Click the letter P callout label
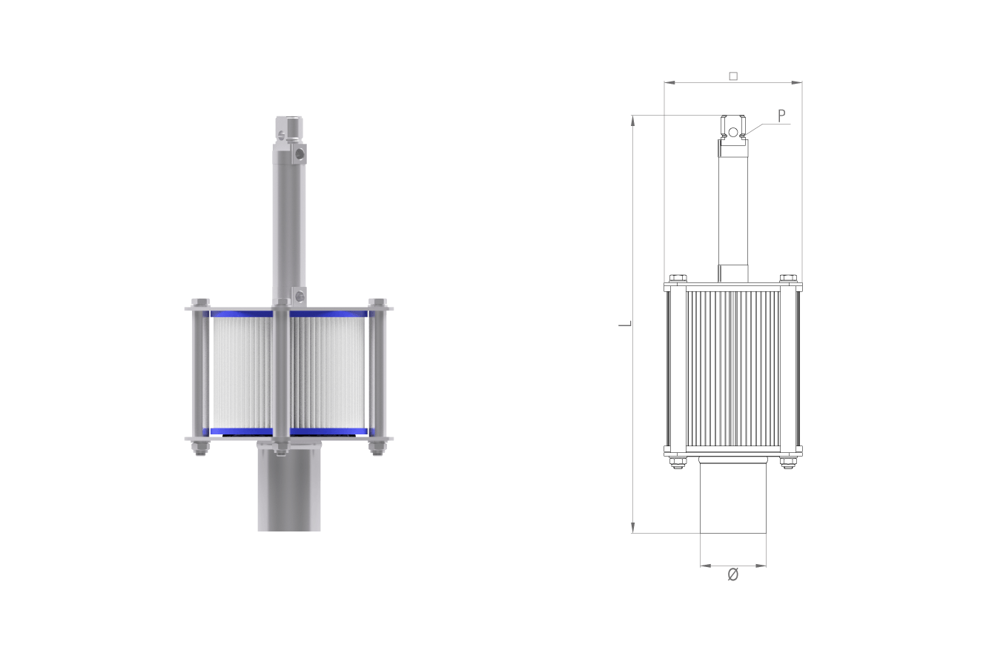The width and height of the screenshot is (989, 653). (x=781, y=116)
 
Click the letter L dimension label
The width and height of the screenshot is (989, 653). (x=626, y=324)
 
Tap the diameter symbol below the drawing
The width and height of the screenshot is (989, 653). (x=733, y=574)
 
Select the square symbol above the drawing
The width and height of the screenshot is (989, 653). (x=733, y=76)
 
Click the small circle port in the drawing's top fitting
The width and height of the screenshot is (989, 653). (x=733, y=132)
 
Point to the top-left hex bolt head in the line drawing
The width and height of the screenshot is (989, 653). (x=678, y=278)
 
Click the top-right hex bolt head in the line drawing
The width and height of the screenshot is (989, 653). (x=788, y=278)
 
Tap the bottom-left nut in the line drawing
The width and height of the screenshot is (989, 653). (x=678, y=463)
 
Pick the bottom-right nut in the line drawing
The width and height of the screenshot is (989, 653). (x=788, y=463)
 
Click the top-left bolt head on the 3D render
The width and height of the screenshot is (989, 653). (x=200, y=302)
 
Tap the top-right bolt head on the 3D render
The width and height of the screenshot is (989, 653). (x=377, y=302)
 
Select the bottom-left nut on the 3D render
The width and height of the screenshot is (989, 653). (x=200, y=448)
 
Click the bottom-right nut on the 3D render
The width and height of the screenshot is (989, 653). (x=377, y=448)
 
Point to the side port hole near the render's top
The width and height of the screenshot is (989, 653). (x=300, y=154)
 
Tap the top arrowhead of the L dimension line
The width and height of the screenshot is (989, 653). (x=632, y=121)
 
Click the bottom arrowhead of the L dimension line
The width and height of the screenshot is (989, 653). (x=632, y=528)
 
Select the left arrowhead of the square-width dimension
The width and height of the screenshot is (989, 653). (x=669, y=82)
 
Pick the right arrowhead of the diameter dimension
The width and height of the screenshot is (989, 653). (x=761, y=566)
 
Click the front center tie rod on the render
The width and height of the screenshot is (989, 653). (x=281, y=375)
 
